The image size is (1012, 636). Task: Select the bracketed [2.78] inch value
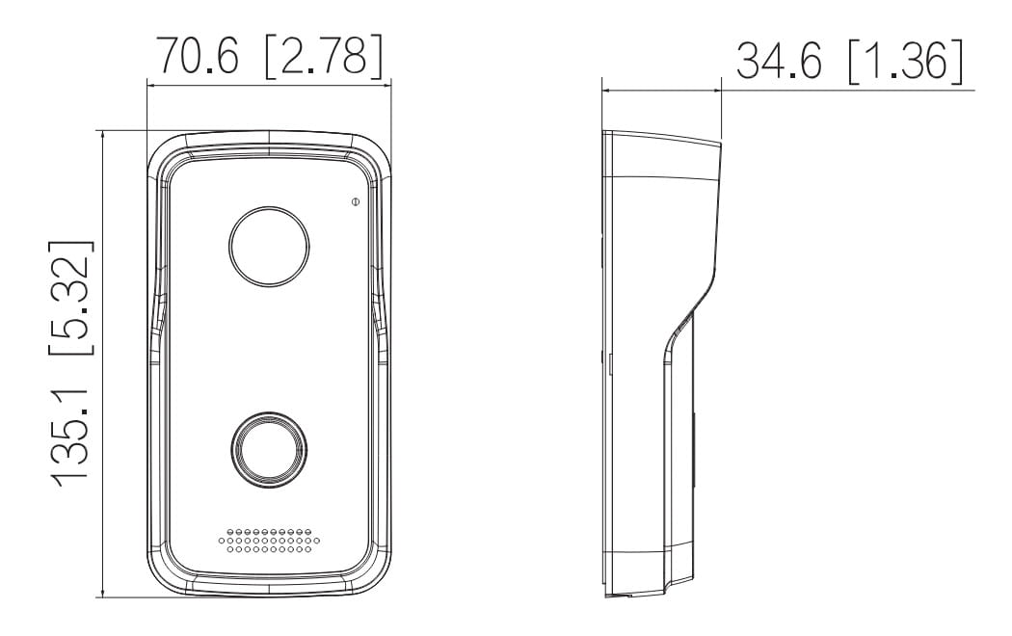tap(324, 56)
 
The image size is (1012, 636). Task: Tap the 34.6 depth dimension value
tap(779, 62)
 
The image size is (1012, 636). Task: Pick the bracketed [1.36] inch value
tap(906, 62)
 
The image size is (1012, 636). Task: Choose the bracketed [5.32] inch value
tap(71, 298)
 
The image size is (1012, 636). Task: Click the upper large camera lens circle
tap(269, 247)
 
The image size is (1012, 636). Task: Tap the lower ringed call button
tap(269, 451)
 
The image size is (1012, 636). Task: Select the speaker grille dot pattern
tap(269, 541)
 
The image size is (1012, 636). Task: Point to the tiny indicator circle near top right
tap(355, 202)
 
